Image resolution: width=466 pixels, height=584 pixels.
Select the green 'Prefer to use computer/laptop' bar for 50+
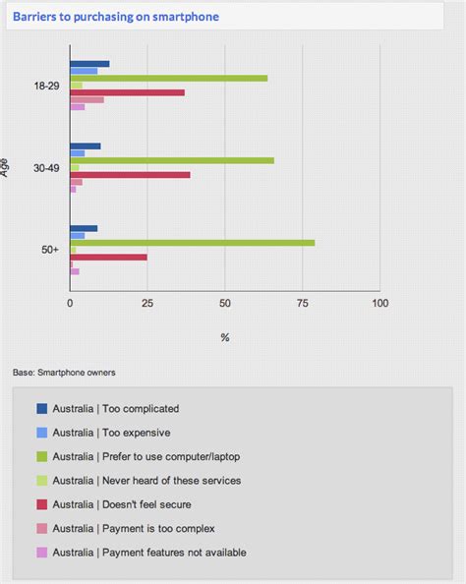192,242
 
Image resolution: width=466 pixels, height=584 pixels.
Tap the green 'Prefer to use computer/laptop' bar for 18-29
168,78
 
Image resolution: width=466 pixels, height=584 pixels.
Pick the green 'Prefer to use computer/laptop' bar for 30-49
171,160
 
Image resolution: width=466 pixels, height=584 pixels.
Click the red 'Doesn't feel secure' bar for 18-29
127,92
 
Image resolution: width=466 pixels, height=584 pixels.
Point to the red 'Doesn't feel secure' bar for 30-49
130,174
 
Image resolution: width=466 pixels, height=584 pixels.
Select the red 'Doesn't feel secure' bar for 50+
108,257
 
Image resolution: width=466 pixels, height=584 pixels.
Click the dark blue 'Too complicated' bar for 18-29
89,64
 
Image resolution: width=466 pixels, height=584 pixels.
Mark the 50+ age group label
50,251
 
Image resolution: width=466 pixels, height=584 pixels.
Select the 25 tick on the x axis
147,304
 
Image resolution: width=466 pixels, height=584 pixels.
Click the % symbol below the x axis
225,337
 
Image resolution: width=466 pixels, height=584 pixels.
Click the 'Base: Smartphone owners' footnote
64,373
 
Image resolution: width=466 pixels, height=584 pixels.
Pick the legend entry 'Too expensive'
111,432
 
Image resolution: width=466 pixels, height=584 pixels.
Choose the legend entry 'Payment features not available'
149,552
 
